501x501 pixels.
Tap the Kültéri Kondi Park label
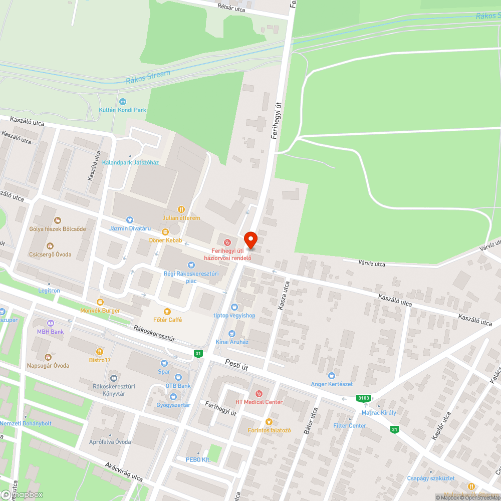[122, 110]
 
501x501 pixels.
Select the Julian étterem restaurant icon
[181, 209]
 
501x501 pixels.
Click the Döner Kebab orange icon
[165, 232]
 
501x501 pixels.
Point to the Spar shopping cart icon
[164, 363]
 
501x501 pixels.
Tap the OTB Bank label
[178, 386]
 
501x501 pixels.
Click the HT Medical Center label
[259, 402]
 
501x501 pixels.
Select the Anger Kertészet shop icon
[331, 375]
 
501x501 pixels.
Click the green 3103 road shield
[364, 398]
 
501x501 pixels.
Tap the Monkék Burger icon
[100, 302]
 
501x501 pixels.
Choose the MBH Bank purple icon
[50, 323]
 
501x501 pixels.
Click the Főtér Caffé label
[167, 320]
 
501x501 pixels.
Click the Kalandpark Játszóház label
[130, 162]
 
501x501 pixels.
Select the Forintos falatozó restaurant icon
[269, 422]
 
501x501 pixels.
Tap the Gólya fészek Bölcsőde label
[57, 229]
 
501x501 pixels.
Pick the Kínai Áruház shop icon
[231, 334]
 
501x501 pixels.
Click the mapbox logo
[22, 494]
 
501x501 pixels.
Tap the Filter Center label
[350, 426]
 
